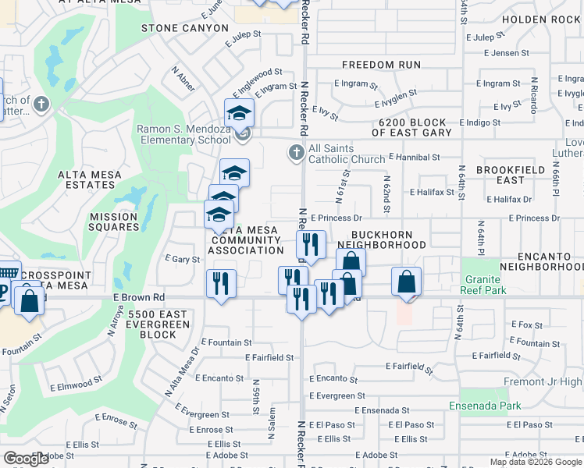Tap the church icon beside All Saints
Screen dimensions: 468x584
tap(296, 153)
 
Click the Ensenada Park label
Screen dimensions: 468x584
tap(485, 406)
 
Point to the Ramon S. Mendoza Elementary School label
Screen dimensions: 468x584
tap(183, 134)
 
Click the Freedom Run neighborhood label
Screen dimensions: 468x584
tap(382, 65)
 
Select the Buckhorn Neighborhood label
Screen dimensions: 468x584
tap(388, 239)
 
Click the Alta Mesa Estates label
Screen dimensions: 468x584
tap(87, 179)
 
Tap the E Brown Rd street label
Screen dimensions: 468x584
tap(138, 297)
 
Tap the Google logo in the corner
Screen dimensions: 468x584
tap(27, 459)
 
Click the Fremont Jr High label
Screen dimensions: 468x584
tap(548, 382)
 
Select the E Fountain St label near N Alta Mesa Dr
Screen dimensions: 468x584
tap(226, 342)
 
